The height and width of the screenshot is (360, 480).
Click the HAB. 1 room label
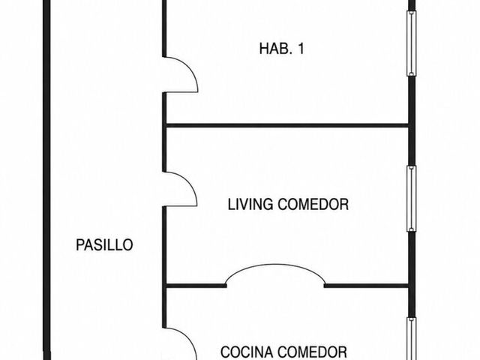tap(282, 49)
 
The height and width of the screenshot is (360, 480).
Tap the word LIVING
tap(250, 204)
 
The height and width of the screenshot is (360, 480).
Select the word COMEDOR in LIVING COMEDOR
tap(313, 204)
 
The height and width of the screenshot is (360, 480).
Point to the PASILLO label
tap(104, 245)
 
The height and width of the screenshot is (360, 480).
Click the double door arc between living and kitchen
tap(275, 265)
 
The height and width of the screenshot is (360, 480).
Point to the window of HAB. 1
tap(412, 43)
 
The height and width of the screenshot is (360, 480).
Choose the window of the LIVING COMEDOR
tap(412, 199)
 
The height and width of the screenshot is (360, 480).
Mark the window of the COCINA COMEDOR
tap(412, 338)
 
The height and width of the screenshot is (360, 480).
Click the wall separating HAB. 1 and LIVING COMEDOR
tap(286, 125)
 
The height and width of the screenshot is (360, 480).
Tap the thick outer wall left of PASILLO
tap(46, 180)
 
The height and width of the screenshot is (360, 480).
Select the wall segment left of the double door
tap(196, 286)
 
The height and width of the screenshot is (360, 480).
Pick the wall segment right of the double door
tap(367, 286)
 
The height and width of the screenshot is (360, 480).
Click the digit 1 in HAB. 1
tap(301, 49)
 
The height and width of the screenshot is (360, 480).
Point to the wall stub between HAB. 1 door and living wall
tap(164, 108)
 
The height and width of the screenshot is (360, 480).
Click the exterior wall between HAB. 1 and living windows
tap(412, 121)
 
